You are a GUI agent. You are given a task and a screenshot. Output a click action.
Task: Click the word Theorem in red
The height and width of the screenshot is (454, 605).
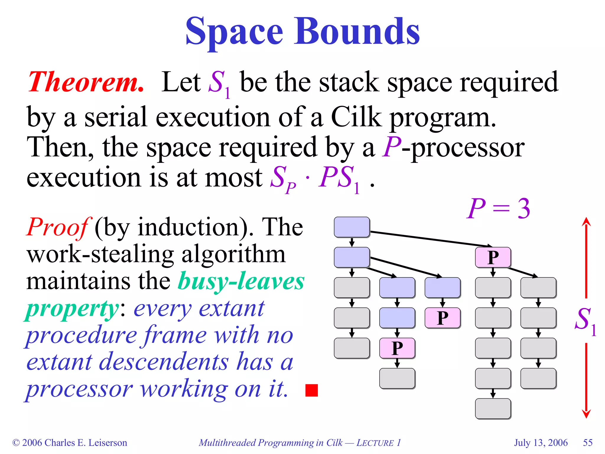(x=86, y=82)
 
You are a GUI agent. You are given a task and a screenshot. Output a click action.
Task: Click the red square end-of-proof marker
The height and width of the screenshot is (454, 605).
(x=311, y=390)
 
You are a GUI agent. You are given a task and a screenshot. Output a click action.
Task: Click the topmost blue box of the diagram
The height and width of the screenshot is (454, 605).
(x=352, y=227)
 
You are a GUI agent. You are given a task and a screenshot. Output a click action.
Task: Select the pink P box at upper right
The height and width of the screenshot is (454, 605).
(x=493, y=257)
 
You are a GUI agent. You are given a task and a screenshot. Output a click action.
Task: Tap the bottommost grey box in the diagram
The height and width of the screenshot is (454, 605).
(x=493, y=408)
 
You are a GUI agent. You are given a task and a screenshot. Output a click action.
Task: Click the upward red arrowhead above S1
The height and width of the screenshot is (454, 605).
(x=586, y=222)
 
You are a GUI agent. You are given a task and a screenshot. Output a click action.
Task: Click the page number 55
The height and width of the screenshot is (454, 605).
(x=588, y=442)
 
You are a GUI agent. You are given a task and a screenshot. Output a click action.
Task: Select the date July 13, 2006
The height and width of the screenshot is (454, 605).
(x=541, y=442)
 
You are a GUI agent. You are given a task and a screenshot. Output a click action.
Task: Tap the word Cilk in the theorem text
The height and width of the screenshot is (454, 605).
(x=356, y=117)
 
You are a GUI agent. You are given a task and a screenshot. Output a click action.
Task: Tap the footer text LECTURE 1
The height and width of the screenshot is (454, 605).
(x=378, y=442)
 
